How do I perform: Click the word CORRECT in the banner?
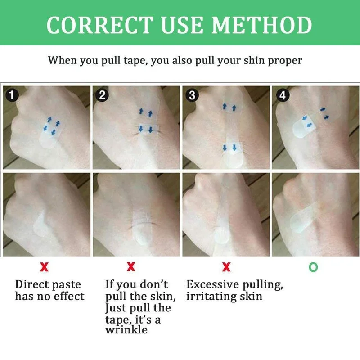pos(99,25)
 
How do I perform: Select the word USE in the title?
pos(182,25)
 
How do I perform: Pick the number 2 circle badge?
pos(102,95)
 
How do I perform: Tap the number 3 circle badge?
pos(192,95)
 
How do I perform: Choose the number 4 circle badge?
pos(283,95)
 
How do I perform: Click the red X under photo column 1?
pos(44,267)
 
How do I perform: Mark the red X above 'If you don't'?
pos(131,266)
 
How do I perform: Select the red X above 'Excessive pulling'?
pos(226,267)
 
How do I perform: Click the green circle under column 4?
pos(313,267)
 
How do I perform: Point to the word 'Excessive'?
pos(213,285)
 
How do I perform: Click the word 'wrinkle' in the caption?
pos(126,330)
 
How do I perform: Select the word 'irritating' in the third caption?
pos(211,297)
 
